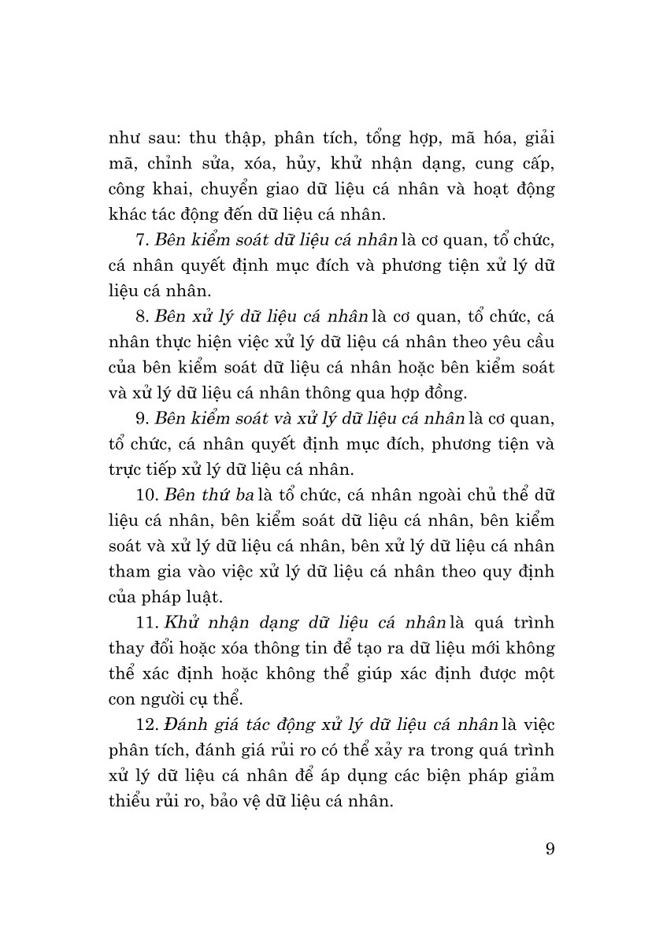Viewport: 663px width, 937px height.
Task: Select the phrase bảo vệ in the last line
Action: tap(253, 802)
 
